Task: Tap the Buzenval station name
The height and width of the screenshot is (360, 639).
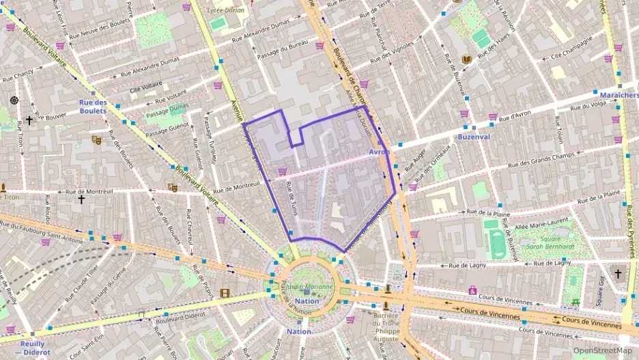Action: (474, 137)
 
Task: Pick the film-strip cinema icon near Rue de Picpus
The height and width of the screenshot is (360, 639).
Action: (225, 294)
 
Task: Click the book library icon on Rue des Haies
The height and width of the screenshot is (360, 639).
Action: (467, 60)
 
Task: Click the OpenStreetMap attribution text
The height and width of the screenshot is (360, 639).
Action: (602, 350)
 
